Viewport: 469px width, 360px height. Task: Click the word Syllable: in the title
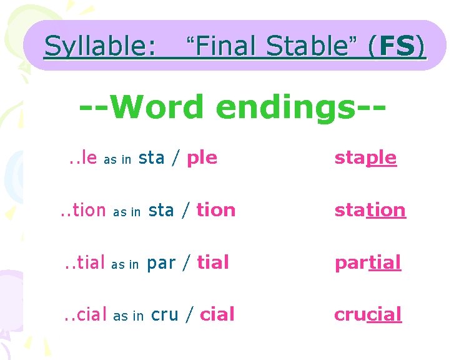pyautogui.click(x=101, y=46)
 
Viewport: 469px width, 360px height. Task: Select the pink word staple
pyautogui.click(x=365, y=157)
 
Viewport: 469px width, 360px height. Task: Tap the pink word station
pyautogui.click(x=370, y=210)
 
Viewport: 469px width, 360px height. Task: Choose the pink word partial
pyautogui.click(x=367, y=262)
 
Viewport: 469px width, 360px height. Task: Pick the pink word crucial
pyautogui.click(x=368, y=314)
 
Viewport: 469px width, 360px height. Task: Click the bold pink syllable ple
pyautogui.click(x=202, y=158)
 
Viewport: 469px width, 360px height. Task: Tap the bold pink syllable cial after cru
pyautogui.click(x=217, y=314)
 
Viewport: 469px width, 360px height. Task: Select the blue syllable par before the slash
pyautogui.click(x=161, y=264)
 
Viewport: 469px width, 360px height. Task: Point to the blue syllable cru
pyautogui.click(x=165, y=314)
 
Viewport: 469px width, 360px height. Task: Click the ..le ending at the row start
pyautogui.click(x=82, y=158)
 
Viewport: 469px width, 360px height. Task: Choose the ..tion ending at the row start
pyautogui.click(x=83, y=211)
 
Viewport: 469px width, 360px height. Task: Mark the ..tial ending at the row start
pyautogui.click(x=84, y=263)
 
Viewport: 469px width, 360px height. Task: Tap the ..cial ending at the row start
pyautogui.click(x=86, y=315)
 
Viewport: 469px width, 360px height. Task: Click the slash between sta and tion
pyautogui.click(x=185, y=211)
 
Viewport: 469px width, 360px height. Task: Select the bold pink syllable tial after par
pyautogui.click(x=213, y=262)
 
